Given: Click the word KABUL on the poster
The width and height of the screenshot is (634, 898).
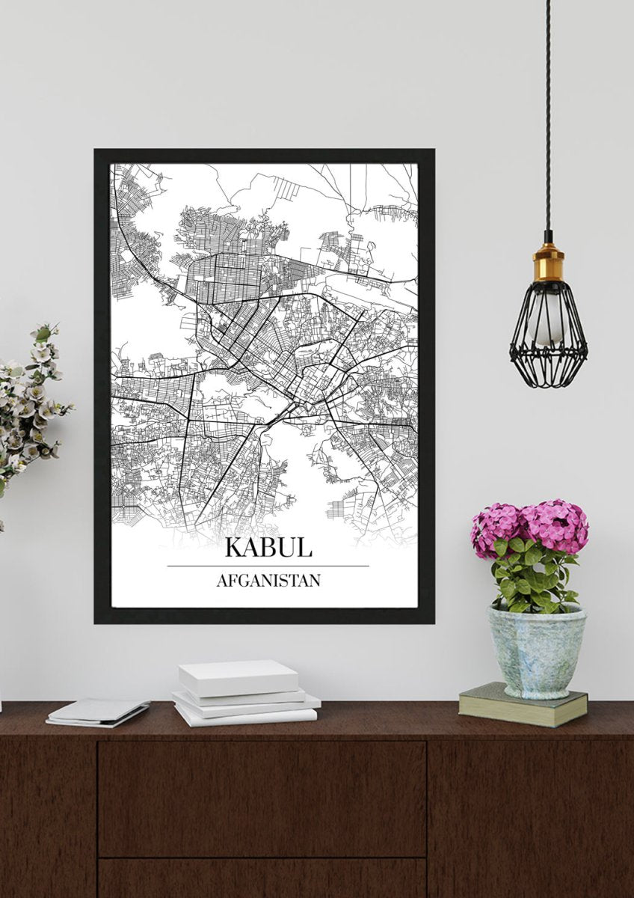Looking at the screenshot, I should point(268,546).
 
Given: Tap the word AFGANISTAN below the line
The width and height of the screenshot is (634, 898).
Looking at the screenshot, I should point(268,580).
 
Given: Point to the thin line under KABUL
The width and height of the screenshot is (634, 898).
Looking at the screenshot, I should point(268,566).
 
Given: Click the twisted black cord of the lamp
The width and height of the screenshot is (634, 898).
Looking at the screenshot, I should point(548,112).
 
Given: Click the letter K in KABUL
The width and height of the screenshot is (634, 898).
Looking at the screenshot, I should point(233,546).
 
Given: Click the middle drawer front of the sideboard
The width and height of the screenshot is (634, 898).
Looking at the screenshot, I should point(262,797).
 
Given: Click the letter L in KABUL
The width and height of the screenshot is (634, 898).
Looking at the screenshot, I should point(304,546).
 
